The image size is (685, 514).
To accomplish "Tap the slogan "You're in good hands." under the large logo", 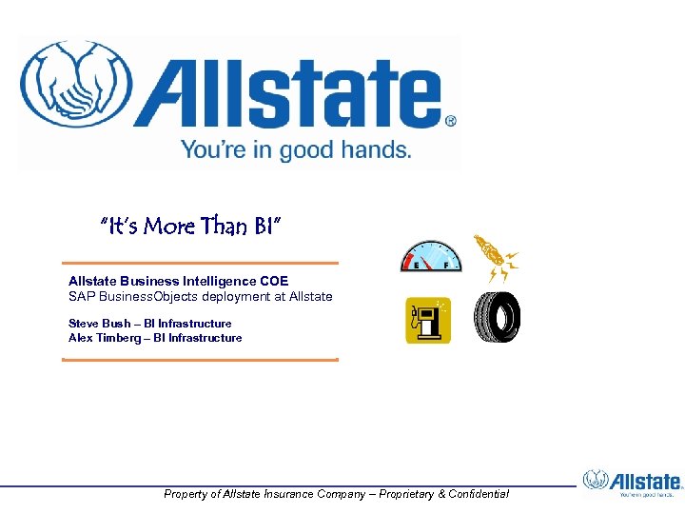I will pyautogui.click(x=296, y=149).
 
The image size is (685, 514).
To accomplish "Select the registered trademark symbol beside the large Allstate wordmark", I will pyautogui.click(x=451, y=122).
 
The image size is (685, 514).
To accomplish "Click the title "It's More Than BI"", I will pyautogui.click(x=191, y=227).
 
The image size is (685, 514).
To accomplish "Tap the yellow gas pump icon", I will pyautogui.click(x=428, y=320).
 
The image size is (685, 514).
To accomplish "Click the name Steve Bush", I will pyautogui.click(x=99, y=324).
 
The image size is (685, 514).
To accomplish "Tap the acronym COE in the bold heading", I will pyautogui.click(x=272, y=281).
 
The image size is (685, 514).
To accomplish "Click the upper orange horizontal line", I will pyautogui.click(x=200, y=263).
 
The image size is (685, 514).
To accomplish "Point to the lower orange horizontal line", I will pyautogui.click(x=200, y=360).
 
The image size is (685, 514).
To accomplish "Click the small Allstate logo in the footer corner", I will pyautogui.click(x=633, y=483).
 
